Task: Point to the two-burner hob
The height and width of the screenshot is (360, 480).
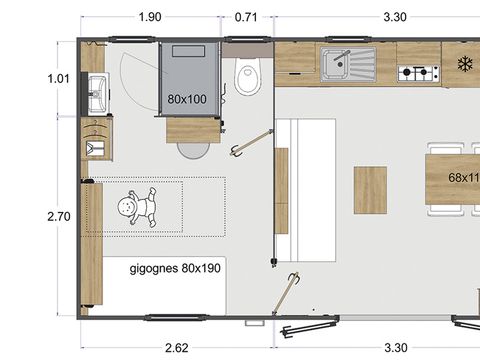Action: coord(418,73)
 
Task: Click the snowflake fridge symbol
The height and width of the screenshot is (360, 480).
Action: coord(464,63)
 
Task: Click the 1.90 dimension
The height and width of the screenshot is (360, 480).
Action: coord(150,17)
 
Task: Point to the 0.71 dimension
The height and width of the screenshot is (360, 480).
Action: coord(246,17)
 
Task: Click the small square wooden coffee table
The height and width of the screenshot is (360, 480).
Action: coord(370,190)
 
